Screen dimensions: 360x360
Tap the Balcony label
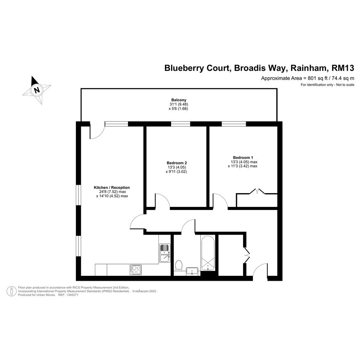179,100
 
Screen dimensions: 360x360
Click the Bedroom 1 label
243,157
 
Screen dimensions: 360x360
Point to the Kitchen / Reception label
112,187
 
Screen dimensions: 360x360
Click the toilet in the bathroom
178,265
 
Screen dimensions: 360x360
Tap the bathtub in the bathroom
208,253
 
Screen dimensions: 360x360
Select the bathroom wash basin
192,271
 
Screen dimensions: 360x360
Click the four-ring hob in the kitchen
136,270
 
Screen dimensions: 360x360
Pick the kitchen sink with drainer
165,253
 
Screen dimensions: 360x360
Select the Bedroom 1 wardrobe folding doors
257,191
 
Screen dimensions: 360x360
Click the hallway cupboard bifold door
247,255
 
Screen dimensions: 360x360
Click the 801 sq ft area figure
318,78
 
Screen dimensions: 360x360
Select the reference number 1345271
72,295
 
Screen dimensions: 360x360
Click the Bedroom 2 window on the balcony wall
181,124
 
